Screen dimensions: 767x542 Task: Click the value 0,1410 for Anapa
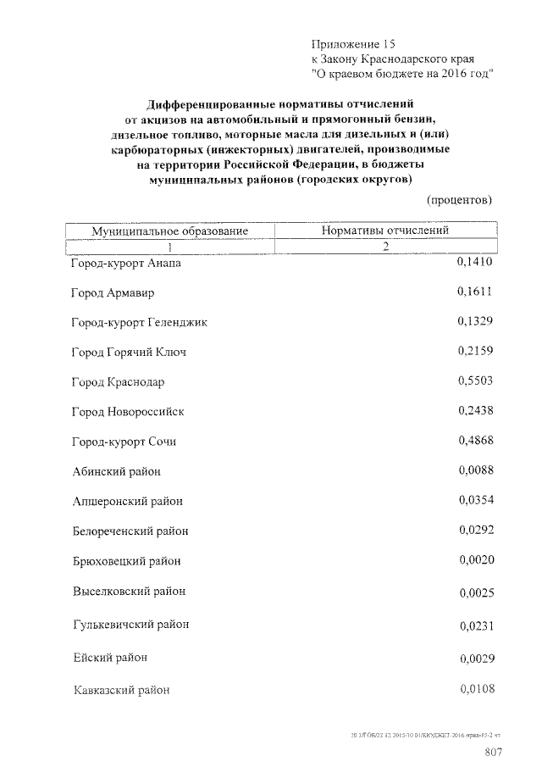point(474,263)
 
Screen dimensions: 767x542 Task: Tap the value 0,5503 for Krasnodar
point(474,381)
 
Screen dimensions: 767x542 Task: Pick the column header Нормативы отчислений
point(384,230)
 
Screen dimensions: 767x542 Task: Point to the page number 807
point(494,752)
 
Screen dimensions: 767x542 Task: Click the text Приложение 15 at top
point(353,43)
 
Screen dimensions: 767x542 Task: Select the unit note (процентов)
point(458,200)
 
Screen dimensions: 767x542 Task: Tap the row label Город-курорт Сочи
point(124,442)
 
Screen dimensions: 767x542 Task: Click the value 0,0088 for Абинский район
point(475,470)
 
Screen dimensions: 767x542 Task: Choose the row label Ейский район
point(111,657)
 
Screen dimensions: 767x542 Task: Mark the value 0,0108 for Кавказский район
point(475,688)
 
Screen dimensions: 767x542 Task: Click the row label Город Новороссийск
point(128,412)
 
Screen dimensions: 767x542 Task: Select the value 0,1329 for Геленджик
point(474,321)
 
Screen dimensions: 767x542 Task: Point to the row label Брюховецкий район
point(127,561)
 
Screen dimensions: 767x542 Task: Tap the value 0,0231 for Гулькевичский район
point(475,626)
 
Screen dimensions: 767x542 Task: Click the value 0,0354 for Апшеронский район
point(475,500)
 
